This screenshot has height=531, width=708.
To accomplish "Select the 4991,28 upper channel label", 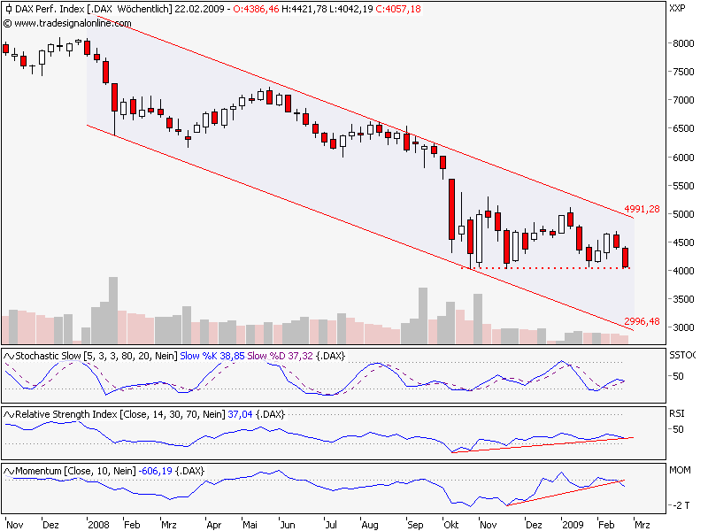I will pyautogui.click(x=643, y=209).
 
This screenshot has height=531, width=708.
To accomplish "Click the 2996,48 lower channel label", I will pyautogui.click(x=643, y=320).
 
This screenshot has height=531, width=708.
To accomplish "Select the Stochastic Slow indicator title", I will pyautogui.click(x=53, y=355).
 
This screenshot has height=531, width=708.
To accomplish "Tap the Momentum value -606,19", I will pyautogui.click(x=153, y=471).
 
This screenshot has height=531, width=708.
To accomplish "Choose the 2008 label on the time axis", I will pyautogui.click(x=97, y=524).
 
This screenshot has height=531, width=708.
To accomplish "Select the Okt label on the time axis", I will pyautogui.click(x=450, y=524).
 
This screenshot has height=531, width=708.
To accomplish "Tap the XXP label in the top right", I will pyautogui.click(x=678, y=9).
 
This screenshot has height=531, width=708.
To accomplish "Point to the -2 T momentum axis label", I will pyautogui.click(x=679, y=505).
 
